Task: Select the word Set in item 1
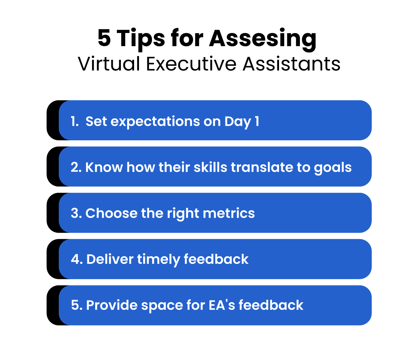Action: (x=95, y=122)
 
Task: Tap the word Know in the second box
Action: (x=103, y=167)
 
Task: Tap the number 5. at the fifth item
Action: (x=76, y=305)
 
